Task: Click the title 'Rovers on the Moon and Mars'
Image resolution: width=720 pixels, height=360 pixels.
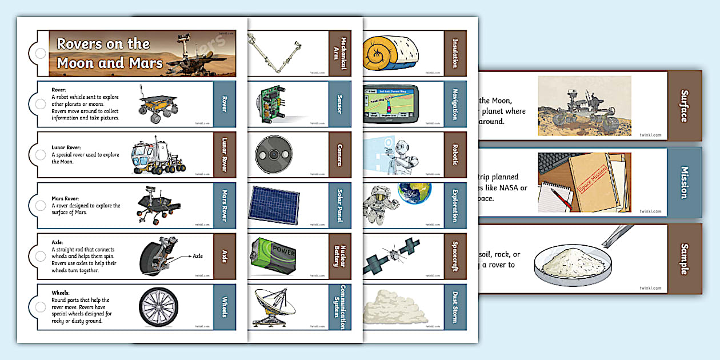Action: [110, 53]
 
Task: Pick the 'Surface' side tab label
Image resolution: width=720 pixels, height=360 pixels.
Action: [684, 106]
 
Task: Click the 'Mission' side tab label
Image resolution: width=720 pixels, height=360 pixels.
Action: [684, 182]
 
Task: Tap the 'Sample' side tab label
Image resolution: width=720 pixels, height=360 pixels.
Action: [684, 258]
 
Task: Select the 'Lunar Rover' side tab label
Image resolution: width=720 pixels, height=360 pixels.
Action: [224, 155]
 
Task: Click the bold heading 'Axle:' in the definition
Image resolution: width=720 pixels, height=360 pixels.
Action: [59, 240]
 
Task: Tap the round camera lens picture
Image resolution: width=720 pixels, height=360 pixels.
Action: [274, 155]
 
